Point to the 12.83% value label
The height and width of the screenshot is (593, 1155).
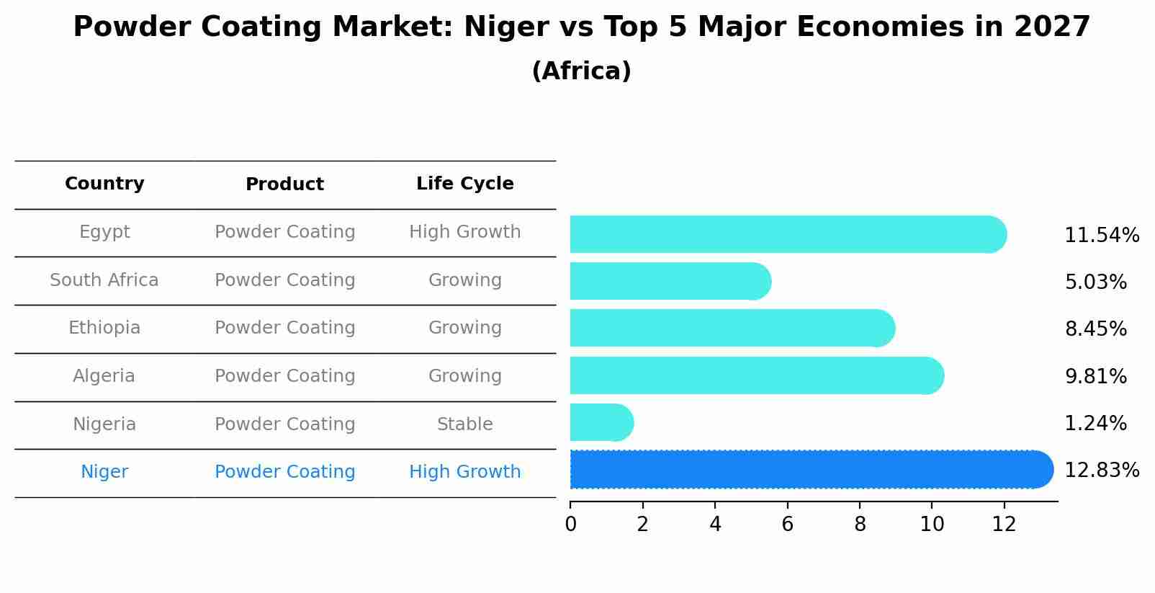click(1101, 471)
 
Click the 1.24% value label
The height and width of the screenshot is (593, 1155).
click(1095, 424)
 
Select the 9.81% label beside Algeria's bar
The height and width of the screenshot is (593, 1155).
click(1095, 377)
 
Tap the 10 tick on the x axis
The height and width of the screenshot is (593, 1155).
click(931, 525)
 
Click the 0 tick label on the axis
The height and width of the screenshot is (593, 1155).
click(570, 525)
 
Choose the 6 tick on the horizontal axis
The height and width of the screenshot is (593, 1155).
click(787, 525)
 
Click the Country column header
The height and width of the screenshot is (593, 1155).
click(104, 184)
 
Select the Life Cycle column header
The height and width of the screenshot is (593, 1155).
click(464, 184)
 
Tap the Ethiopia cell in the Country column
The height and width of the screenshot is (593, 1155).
click(104, 328)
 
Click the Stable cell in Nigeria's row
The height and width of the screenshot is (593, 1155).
click(464, 424)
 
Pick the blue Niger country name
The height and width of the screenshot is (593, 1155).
click(104, 472)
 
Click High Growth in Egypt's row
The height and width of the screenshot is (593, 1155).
click(464, 232)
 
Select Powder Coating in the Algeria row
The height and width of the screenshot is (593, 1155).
click(284, 376)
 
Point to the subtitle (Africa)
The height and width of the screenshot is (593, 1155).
click(581, 71)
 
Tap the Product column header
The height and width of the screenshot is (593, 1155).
click(284, 184)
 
